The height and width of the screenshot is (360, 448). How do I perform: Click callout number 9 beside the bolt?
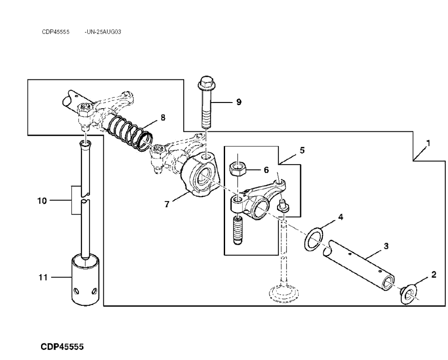coord(239,102)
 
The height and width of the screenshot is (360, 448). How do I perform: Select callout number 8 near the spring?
coord(163,117)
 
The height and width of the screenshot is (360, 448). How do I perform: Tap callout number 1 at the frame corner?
coord(428,143)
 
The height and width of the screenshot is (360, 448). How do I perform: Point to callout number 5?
coord(302,151)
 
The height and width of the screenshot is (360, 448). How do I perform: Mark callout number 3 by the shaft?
coord(386,246)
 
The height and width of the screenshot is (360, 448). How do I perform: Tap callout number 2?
coord(434,274)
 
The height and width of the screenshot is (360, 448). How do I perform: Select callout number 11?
coord(42,277)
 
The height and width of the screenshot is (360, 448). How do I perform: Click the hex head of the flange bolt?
coord(206,82)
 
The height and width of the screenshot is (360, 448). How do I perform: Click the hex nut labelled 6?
coord(237,168)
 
